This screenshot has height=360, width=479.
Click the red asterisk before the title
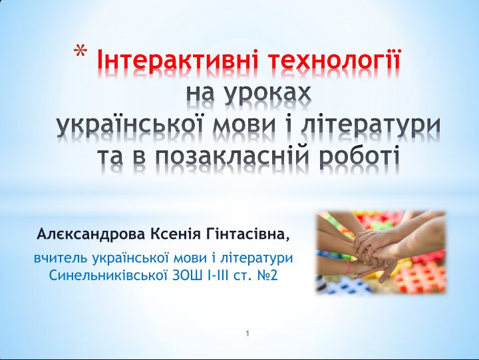tap(80, 52)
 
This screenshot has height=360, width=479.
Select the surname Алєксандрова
tap(90, 234)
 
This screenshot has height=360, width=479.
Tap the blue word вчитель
tap(60, 258)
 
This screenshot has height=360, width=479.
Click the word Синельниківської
tap(108, 275)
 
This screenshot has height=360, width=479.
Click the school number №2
tap(267, 275)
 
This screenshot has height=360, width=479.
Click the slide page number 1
tap(247, 333)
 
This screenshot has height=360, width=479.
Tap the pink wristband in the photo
tap(347, 266)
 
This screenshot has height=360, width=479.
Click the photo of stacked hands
tap(381, 252)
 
